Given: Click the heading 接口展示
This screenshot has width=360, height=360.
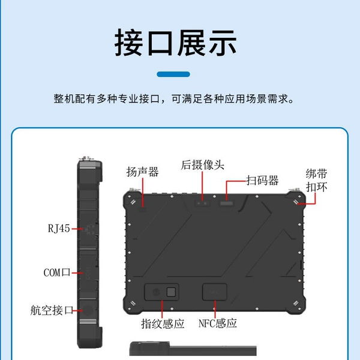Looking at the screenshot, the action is (175, 43).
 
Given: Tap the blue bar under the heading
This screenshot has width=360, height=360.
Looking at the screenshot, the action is (173, 74).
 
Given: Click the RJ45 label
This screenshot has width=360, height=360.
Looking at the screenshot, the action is (59, 229).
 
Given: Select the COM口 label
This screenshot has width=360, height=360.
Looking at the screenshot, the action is (57, 272).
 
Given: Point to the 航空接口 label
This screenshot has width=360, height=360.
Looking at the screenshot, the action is (52, 310).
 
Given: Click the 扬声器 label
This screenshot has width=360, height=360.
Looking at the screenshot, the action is (142, 172).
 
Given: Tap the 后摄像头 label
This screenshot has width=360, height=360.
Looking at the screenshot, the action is (202, 165).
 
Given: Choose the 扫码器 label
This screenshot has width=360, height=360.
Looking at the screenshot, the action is (262, 181).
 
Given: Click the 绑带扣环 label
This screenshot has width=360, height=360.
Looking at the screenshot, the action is (316, 180).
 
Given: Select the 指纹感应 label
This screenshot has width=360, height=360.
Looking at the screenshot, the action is (163, 324).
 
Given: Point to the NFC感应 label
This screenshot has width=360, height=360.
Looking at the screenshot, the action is (217, 323).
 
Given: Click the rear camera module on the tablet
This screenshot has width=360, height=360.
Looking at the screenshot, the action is (202, 203).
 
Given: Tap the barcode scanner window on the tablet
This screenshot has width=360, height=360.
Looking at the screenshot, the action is (227, 203).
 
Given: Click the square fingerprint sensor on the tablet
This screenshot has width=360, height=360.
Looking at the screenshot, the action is (171, 292).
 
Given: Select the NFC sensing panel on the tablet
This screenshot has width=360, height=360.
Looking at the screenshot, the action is (215, 292).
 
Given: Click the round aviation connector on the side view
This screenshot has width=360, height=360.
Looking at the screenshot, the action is (88, 310).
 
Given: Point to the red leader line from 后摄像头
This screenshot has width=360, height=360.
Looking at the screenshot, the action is (202, 186).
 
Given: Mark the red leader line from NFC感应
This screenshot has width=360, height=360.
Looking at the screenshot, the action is (215, 309).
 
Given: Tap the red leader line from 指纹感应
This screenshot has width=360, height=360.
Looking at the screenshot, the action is (162, 309).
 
